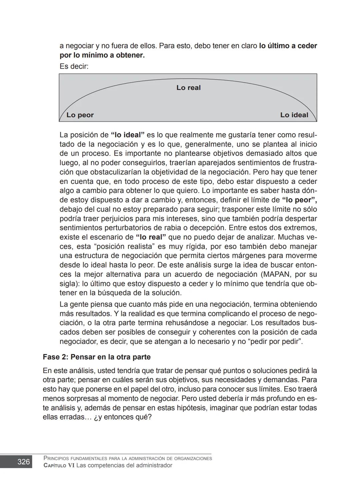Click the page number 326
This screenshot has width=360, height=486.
click(x=23, y=462)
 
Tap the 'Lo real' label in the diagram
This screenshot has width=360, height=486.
click(x=188, y=88)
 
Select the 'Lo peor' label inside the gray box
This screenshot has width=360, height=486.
click(x=80, y=115)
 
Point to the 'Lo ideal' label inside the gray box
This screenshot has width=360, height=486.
click(x=294, y=115)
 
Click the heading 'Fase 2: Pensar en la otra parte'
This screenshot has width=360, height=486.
click(x=97, y=357)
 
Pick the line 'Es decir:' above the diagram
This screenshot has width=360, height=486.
click(x=74, y=66)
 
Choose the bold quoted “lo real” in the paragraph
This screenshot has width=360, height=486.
click(x=151, y=238)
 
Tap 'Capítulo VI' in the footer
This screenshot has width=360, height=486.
click(x=59, y=465)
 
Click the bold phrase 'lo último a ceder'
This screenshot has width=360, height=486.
click(x=288, y=46)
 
